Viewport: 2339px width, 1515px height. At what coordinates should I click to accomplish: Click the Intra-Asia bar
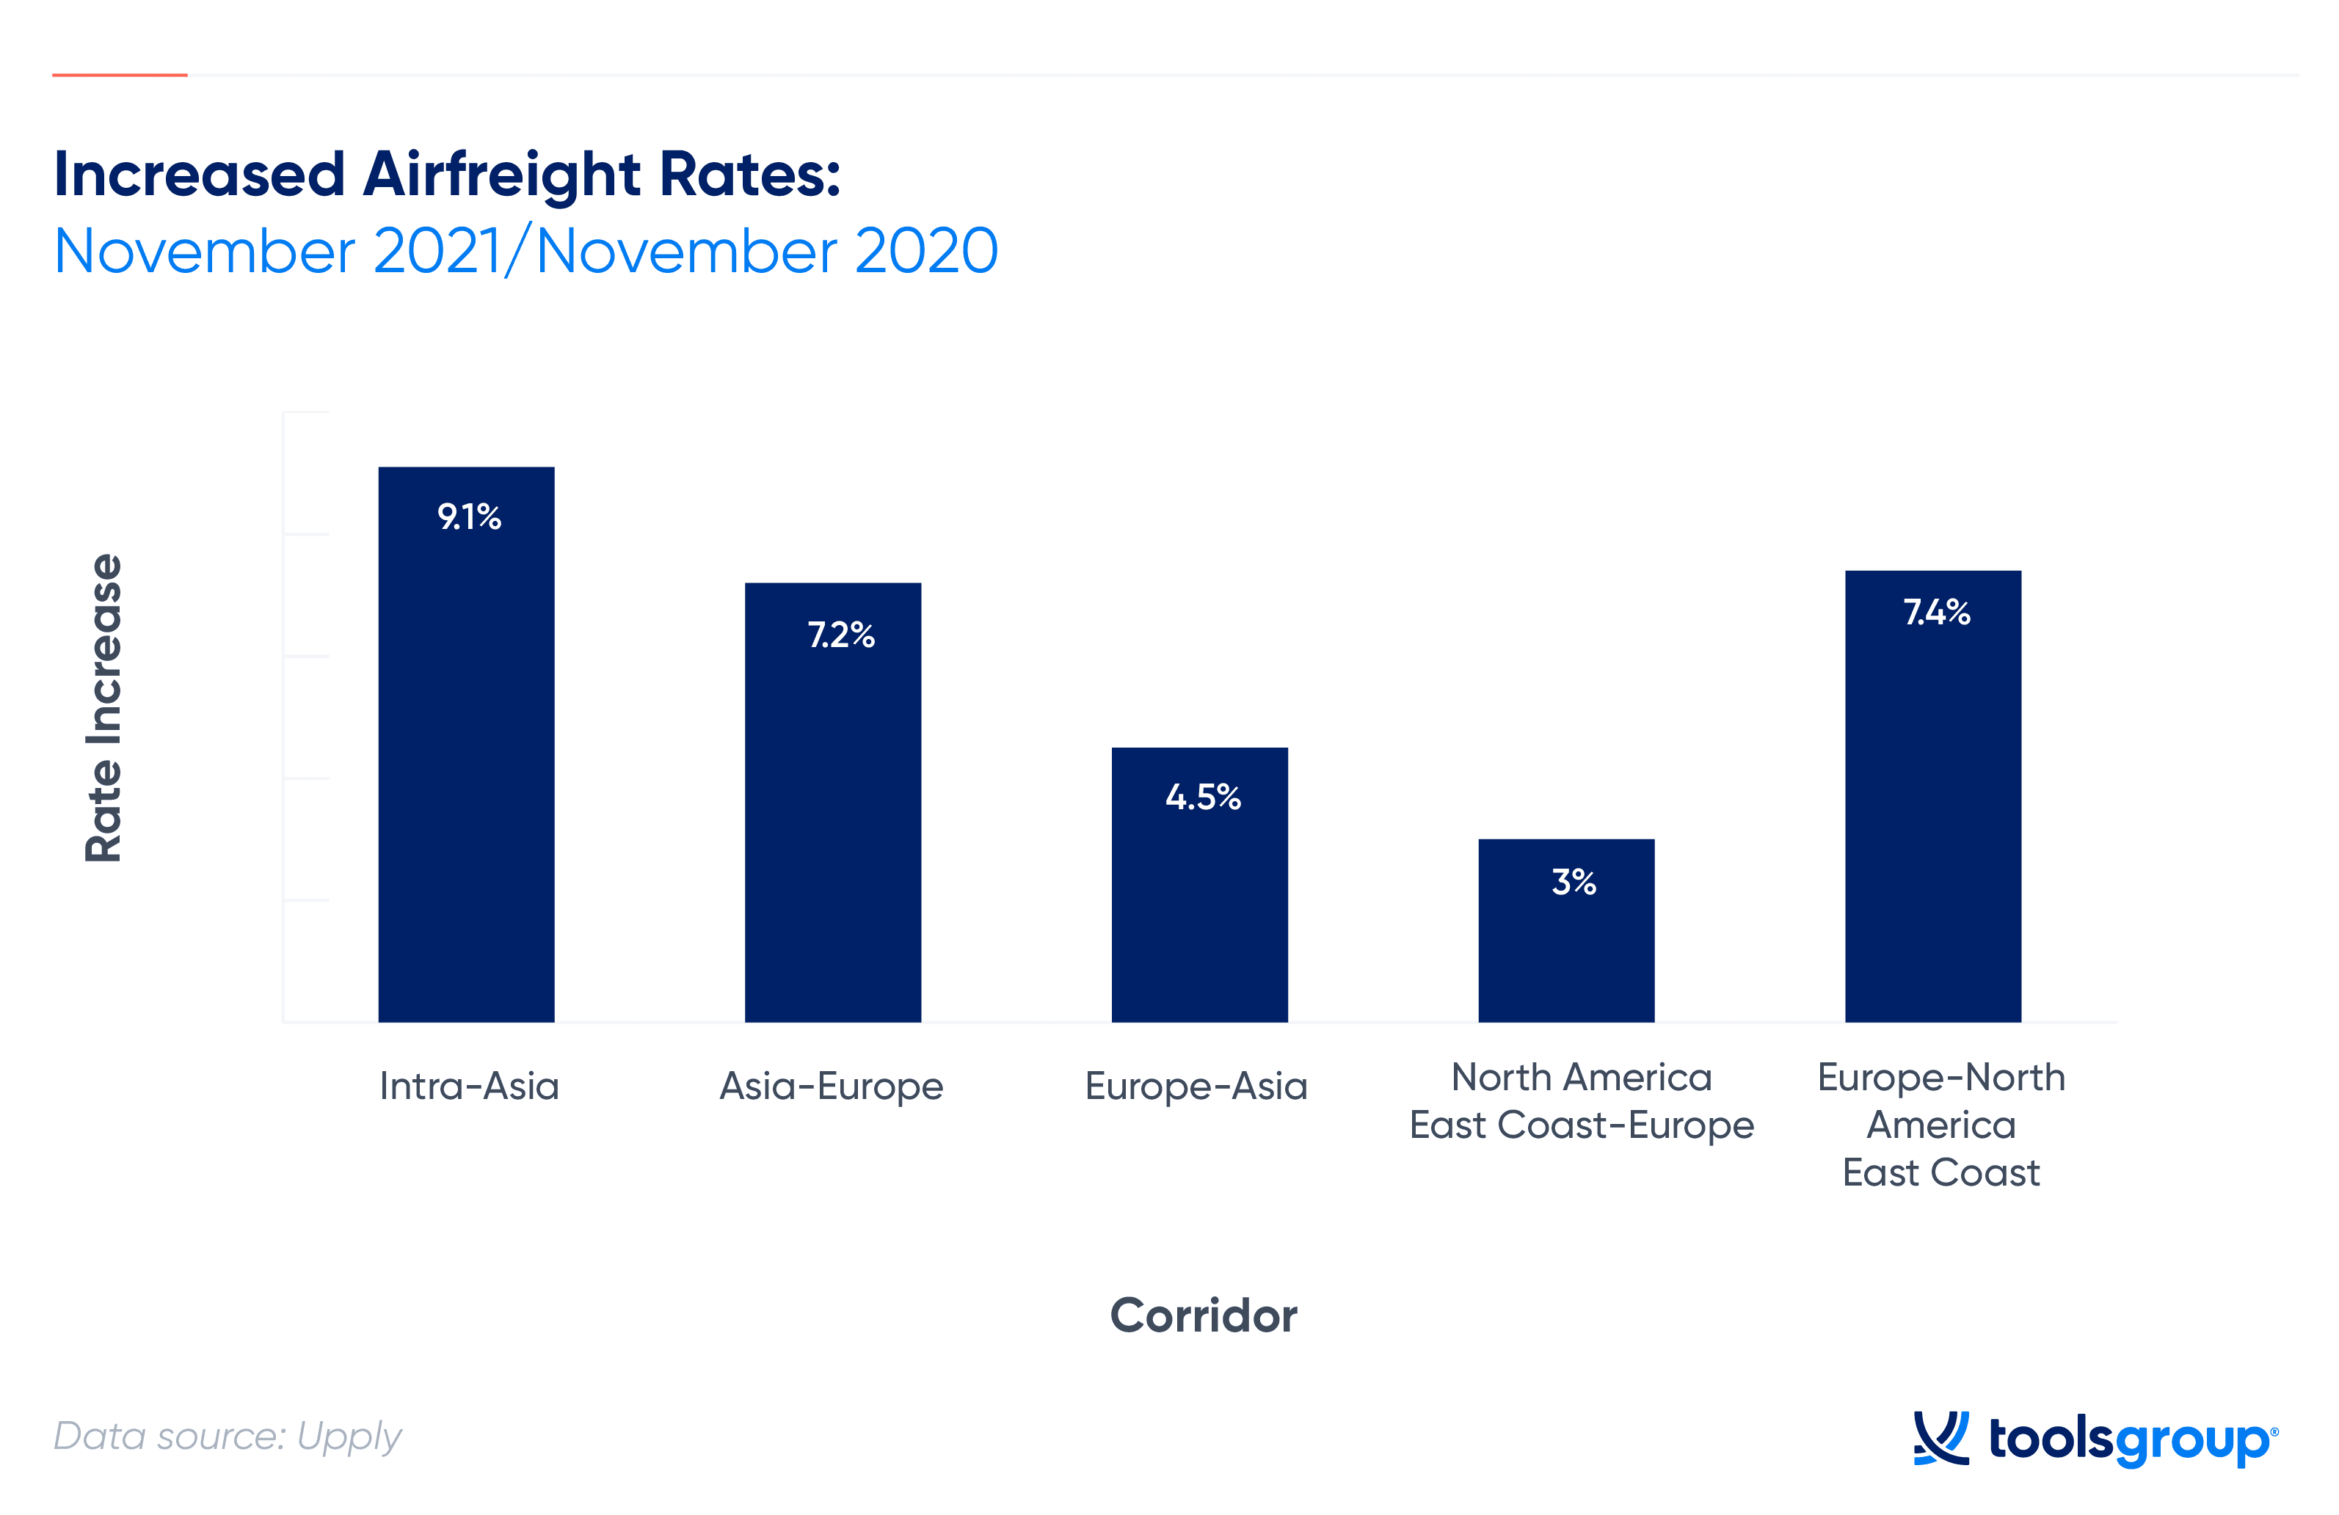466,744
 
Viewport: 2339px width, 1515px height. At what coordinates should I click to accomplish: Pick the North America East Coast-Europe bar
1566,930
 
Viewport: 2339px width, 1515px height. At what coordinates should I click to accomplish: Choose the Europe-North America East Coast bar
1933,796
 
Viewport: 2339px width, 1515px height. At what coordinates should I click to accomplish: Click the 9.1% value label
469,516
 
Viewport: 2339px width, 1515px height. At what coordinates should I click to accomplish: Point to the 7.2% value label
840,634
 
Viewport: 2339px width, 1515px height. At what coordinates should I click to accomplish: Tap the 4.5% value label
1203,796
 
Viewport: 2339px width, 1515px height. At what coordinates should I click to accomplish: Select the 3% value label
1574,881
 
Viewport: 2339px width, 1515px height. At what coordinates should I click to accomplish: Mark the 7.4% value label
1936,611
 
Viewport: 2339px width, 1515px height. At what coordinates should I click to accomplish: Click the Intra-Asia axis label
469,1086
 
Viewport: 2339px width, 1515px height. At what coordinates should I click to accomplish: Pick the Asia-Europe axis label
832,1087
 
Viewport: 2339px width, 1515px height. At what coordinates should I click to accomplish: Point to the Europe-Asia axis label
1196,1087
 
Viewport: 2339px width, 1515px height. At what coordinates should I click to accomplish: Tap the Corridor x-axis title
1203,1315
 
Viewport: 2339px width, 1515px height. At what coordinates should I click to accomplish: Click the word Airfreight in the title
501,174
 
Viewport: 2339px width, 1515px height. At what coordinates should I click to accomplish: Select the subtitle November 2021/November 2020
525,250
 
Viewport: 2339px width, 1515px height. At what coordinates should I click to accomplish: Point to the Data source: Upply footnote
227,1436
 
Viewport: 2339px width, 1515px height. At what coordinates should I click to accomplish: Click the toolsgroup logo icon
1941,1439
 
